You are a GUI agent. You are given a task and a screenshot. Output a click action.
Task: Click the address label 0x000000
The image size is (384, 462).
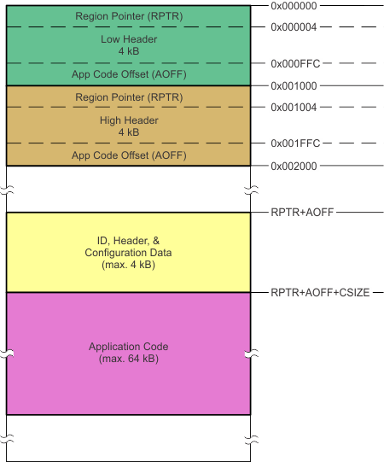[x=295, y=6]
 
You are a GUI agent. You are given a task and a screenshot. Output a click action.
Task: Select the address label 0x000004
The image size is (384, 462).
[x=295, y=26]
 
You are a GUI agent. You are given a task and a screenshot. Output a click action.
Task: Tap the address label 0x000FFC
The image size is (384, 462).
[x=295, y=64]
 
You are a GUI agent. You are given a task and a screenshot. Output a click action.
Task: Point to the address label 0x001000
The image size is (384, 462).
[x=295, y=85]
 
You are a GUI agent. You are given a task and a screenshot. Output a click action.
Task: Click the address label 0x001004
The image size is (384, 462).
[x=295, y=107]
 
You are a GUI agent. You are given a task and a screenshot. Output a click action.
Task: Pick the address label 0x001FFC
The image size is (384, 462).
[x=295, y=143]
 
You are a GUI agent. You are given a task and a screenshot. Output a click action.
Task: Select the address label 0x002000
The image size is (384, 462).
[x=295, y=165]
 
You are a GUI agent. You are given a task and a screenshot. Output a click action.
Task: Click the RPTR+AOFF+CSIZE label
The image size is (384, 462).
[x=320, y=292]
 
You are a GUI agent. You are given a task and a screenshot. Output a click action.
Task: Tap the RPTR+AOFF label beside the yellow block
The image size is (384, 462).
[x=301, y=212]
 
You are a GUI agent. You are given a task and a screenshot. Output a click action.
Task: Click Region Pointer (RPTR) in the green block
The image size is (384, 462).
[x=128, y=16]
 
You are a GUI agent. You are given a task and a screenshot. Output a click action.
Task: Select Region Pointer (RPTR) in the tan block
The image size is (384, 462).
[x=128, y=96]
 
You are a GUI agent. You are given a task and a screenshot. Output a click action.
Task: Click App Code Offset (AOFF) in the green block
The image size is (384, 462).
[x=128, y=74]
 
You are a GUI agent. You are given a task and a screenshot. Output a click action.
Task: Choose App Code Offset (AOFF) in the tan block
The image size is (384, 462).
[x=128, y=155]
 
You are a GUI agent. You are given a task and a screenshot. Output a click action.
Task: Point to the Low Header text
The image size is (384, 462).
[x=128, y=38]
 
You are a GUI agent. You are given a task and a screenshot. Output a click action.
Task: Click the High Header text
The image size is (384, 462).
[x=128, y=120]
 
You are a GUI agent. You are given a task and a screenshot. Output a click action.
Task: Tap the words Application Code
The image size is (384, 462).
[x=128, y=347]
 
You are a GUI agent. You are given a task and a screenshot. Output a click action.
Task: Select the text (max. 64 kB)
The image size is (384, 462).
[x=128, y=359]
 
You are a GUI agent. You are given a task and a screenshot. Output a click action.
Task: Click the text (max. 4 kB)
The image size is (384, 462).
[x=128, y=266]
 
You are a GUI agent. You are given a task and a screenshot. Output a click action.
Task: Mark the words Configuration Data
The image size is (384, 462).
[x=128, y=254]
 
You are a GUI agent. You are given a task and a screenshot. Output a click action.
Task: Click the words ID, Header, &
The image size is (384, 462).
[x=128, y=241]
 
